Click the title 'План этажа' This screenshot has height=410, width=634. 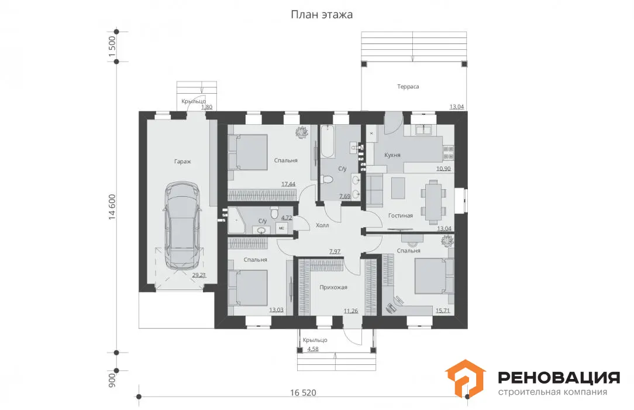322,15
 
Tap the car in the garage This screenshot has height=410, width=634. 182,226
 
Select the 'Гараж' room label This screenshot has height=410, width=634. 182,162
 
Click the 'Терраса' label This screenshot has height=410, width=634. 408,87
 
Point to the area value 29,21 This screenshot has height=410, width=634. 199,275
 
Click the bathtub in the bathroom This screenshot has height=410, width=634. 328,141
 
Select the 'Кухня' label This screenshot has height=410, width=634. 392,155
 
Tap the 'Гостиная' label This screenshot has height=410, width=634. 400,216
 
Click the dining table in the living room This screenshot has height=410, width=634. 433,201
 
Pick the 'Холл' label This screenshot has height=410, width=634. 322,225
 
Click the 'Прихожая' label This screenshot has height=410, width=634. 333,288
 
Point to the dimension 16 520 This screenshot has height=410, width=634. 303,392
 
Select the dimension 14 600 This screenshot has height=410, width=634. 112,207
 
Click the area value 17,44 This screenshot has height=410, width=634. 288,184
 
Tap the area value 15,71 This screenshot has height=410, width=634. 443,311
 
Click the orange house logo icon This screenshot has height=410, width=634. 465,378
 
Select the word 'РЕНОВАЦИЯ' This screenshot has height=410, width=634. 559,378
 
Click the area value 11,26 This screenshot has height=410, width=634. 351,311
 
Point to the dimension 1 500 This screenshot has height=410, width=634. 112,46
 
